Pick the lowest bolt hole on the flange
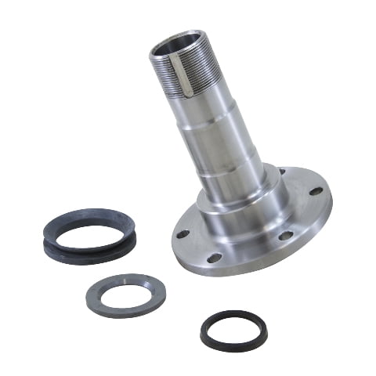tap(217, 259)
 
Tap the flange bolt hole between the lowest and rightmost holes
tap(284, 235)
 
